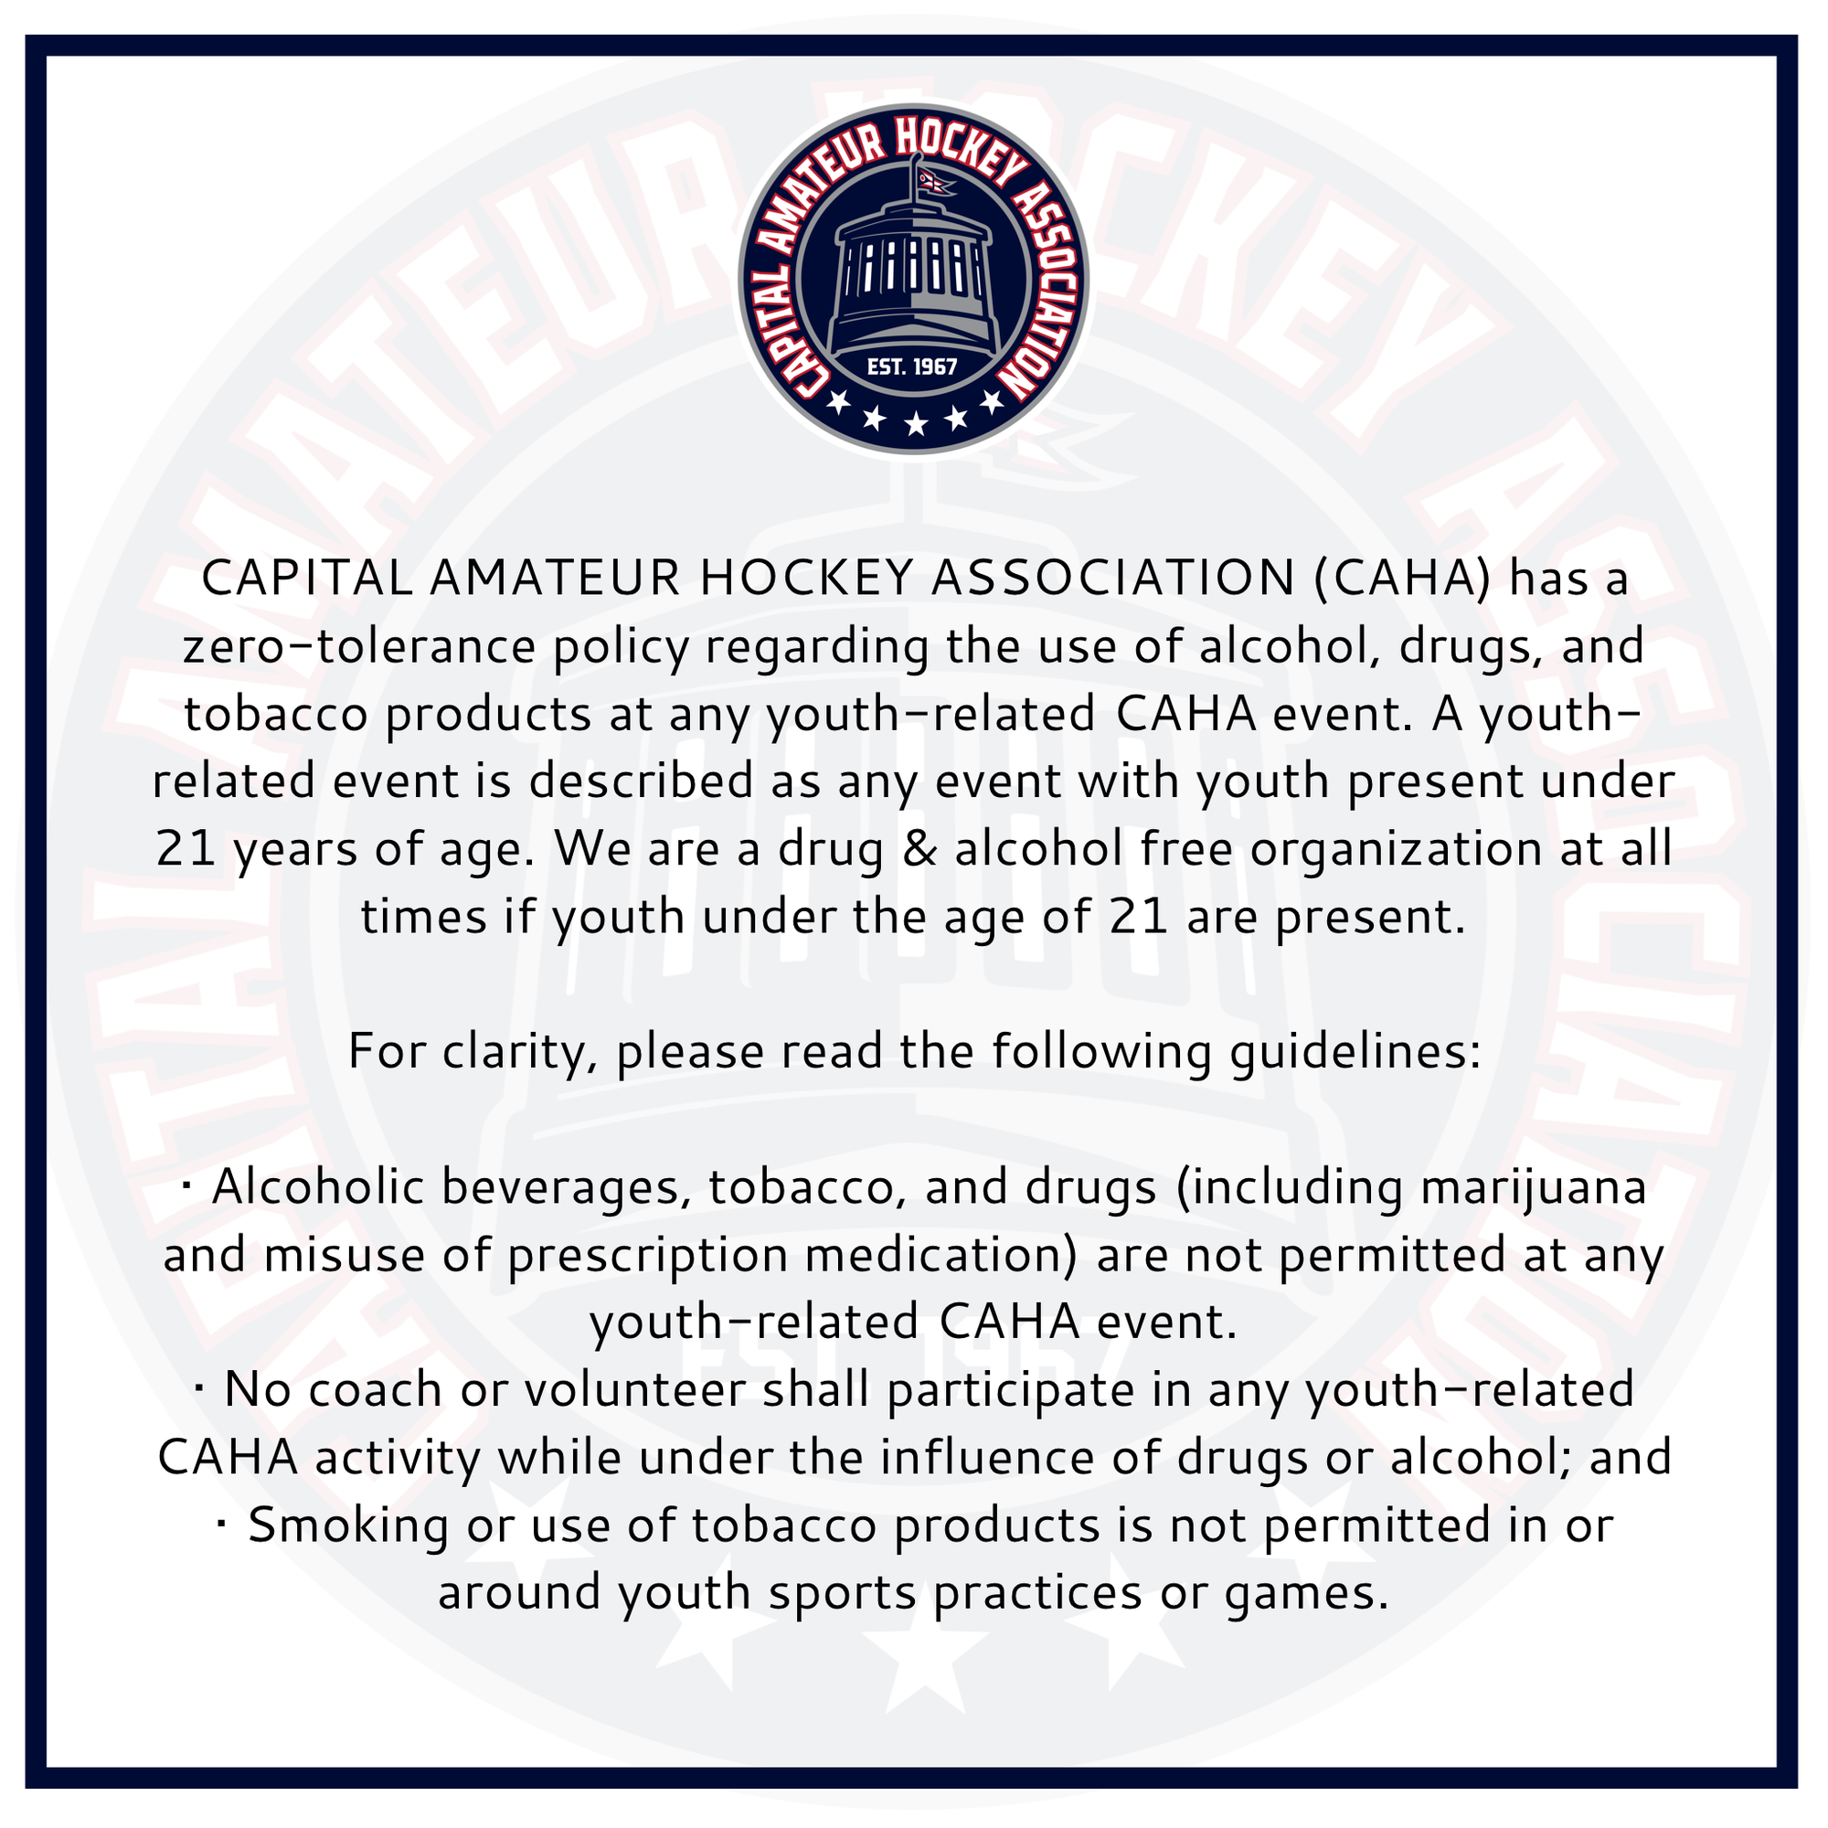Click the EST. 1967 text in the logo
point(912,367)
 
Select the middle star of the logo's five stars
point(915,423)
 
